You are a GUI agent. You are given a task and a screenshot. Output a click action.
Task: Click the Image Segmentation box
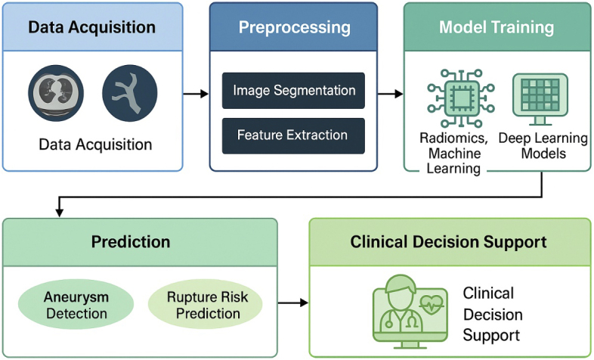[x=293, y=91]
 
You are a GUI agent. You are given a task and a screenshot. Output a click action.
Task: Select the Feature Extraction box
[x=293, y=135]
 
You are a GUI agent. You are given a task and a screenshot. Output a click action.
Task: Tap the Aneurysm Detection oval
[x=76, y=305]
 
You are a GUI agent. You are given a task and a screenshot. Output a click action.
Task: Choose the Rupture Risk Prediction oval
[x=206, y=305]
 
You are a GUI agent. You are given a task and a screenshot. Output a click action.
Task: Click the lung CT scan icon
[x=56, y=93]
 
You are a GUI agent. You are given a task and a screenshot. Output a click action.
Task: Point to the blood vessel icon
[x=130, y=93]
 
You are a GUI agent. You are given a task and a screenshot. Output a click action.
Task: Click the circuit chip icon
[x=461, y=98]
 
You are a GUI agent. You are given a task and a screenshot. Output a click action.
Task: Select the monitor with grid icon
[x=540, y=99]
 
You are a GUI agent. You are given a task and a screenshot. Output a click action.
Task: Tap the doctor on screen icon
[x=410, y=312]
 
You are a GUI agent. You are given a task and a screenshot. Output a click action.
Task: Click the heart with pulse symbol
[x=432, y=304]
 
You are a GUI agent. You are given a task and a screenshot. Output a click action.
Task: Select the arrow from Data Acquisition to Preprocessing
[x=196, y=94]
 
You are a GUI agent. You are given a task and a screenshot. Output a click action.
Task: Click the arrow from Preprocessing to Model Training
[x=391, y=94]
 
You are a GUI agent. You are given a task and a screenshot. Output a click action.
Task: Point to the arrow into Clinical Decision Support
[x=293, y=303]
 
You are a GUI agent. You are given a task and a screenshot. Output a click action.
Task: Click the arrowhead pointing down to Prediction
[x=59, y=213]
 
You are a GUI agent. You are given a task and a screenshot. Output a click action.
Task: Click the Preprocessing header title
[x=294, y=27]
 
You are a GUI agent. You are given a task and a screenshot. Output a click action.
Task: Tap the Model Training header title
[x=497, y=27]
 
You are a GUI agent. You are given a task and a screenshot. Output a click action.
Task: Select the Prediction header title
[x=131, y=242]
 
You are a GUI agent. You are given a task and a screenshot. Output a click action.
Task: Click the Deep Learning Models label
[x=543, y=146]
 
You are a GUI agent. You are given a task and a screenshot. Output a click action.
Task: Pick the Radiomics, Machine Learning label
[x=454, y=153]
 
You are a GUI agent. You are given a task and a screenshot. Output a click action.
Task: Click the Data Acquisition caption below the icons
[x=95, y=144]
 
